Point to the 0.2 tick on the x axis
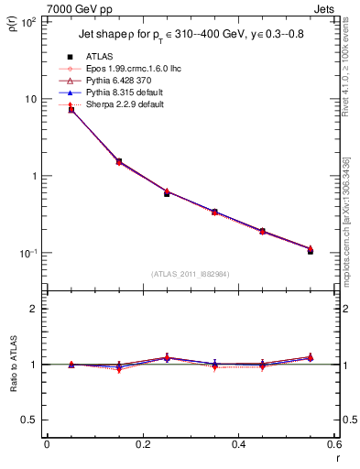pos(143,444)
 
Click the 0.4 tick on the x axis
pos(238,444)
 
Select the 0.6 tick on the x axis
pos(333,444)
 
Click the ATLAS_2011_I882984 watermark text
pos(190,274)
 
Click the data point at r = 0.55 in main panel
pos(310,250)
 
